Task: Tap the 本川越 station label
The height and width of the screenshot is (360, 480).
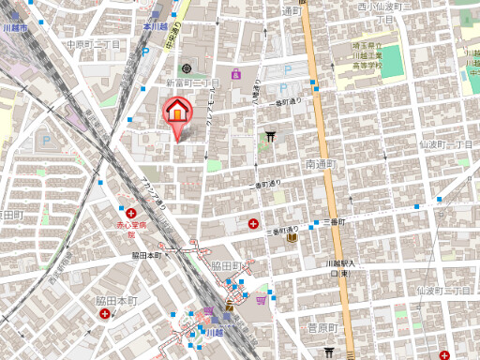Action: point(154,27)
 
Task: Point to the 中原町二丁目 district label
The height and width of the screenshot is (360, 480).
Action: point(94,44)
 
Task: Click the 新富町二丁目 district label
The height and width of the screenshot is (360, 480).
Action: point(192,83)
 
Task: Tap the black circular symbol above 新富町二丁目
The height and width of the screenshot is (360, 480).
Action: point(186,68)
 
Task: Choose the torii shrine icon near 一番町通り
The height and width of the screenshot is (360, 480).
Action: point(270,137)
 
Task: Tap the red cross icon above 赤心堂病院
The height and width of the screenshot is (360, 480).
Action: point(130,212)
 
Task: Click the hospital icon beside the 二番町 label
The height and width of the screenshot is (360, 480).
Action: point(254,223)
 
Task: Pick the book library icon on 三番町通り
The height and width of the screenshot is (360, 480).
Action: point(292,238)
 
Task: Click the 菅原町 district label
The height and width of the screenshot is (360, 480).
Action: point(322,327)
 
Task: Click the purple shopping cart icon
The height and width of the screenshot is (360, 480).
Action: point(235,73)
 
